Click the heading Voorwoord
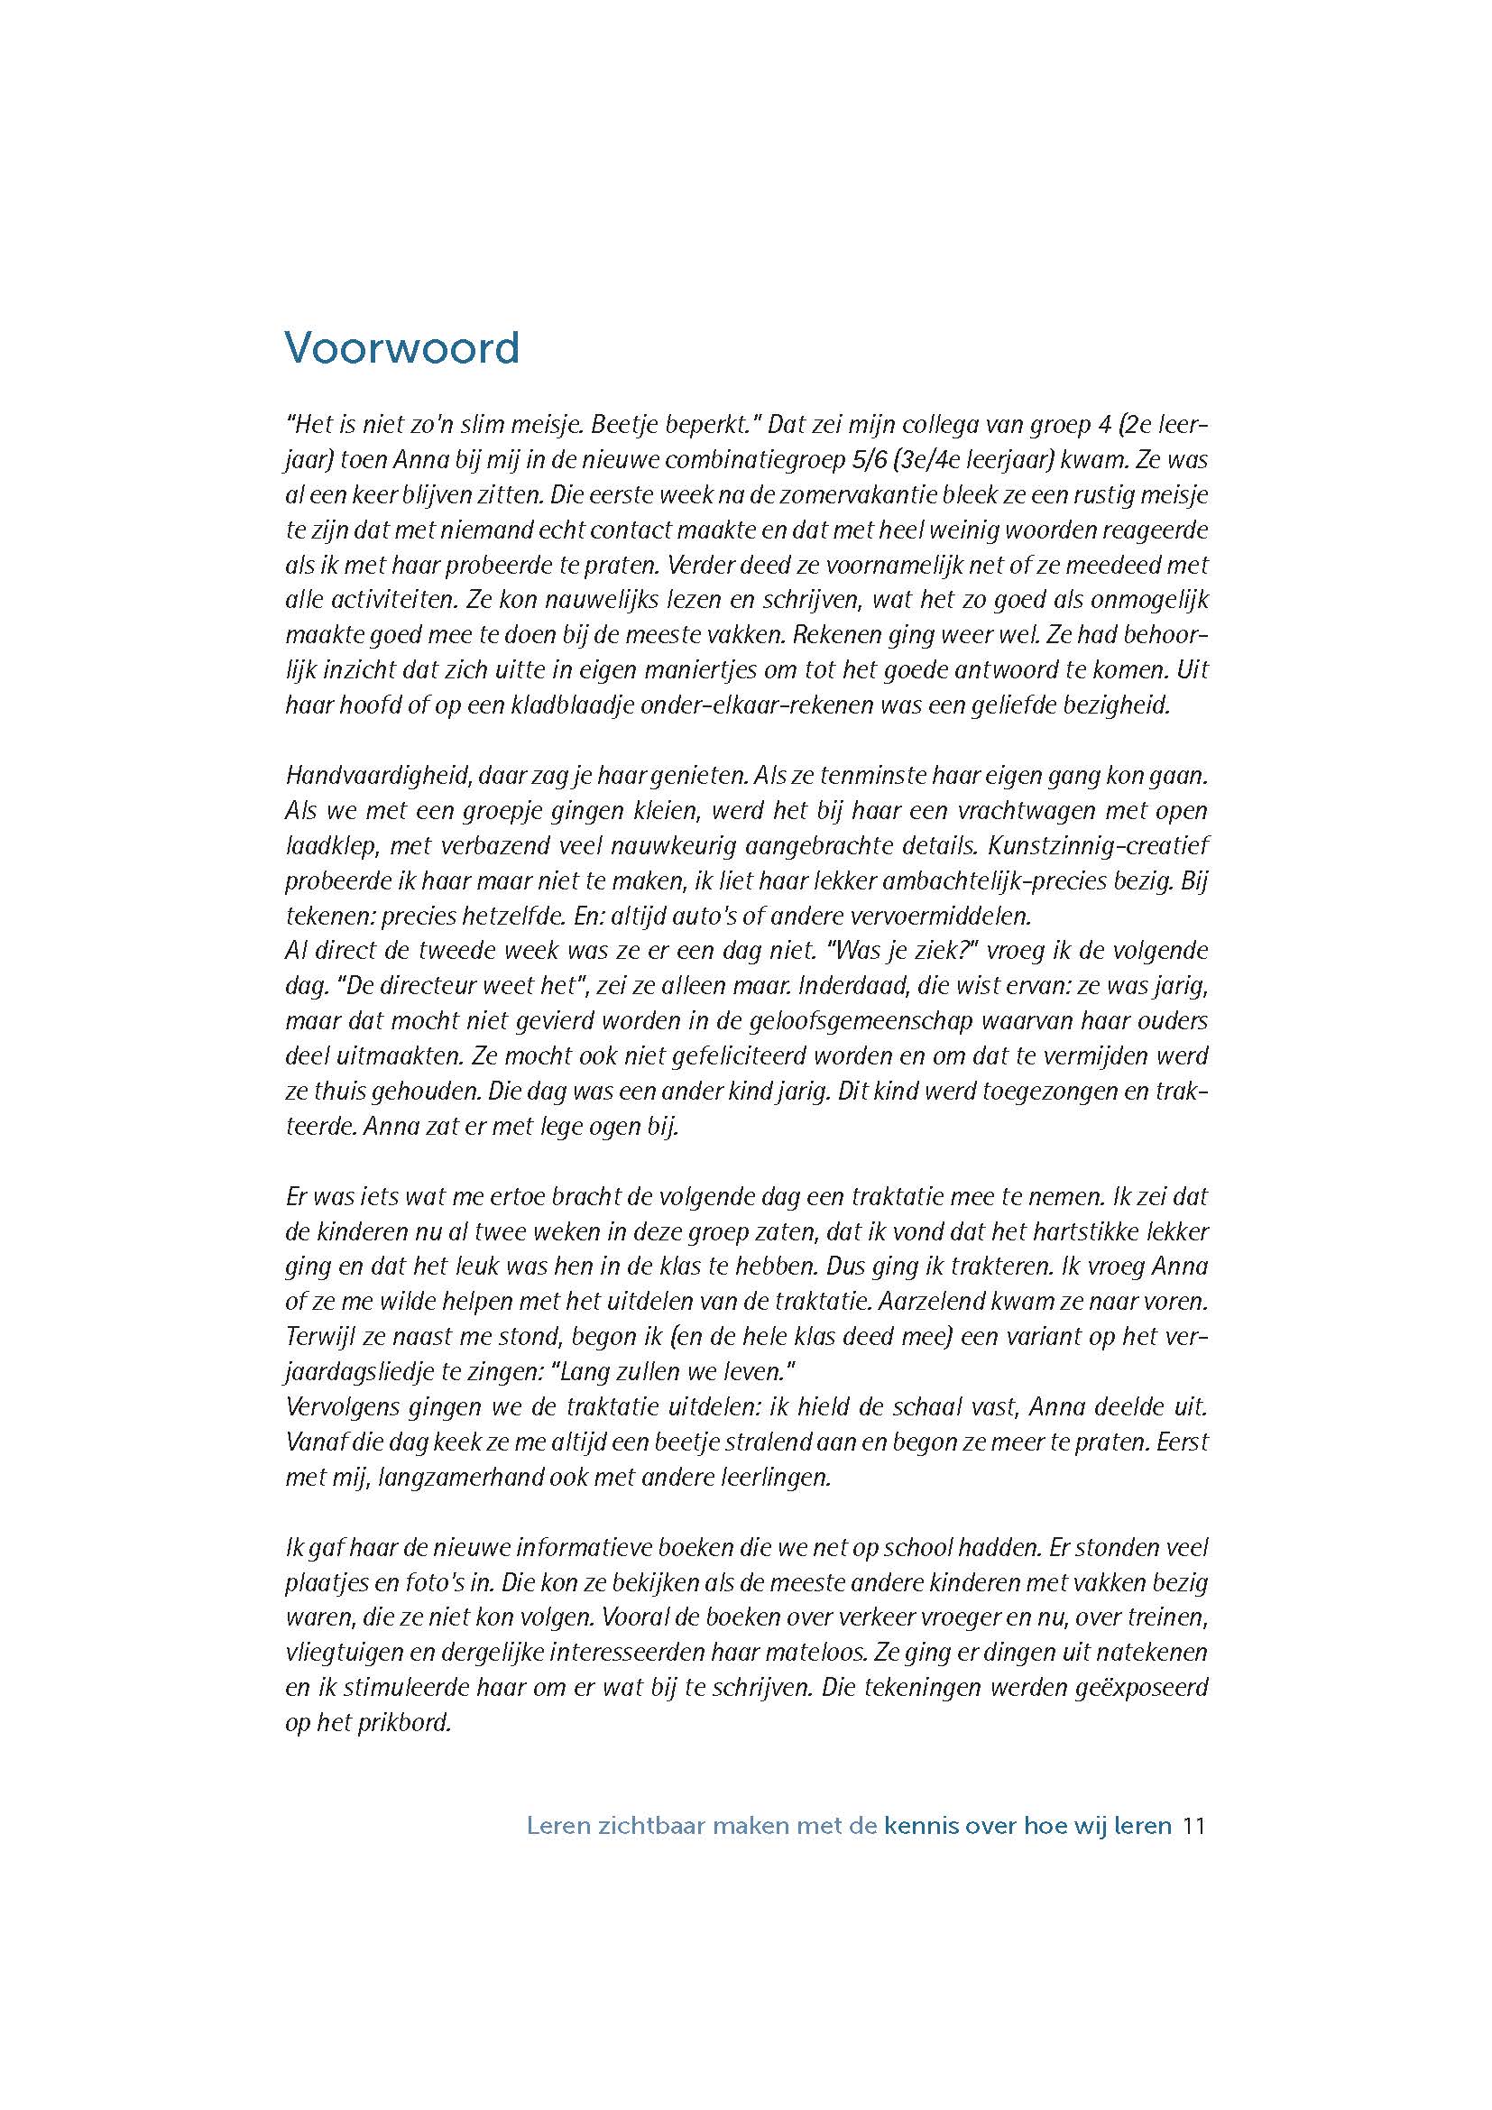pos(401,348)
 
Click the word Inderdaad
pos(853,986)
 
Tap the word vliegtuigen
pos(339,1652)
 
